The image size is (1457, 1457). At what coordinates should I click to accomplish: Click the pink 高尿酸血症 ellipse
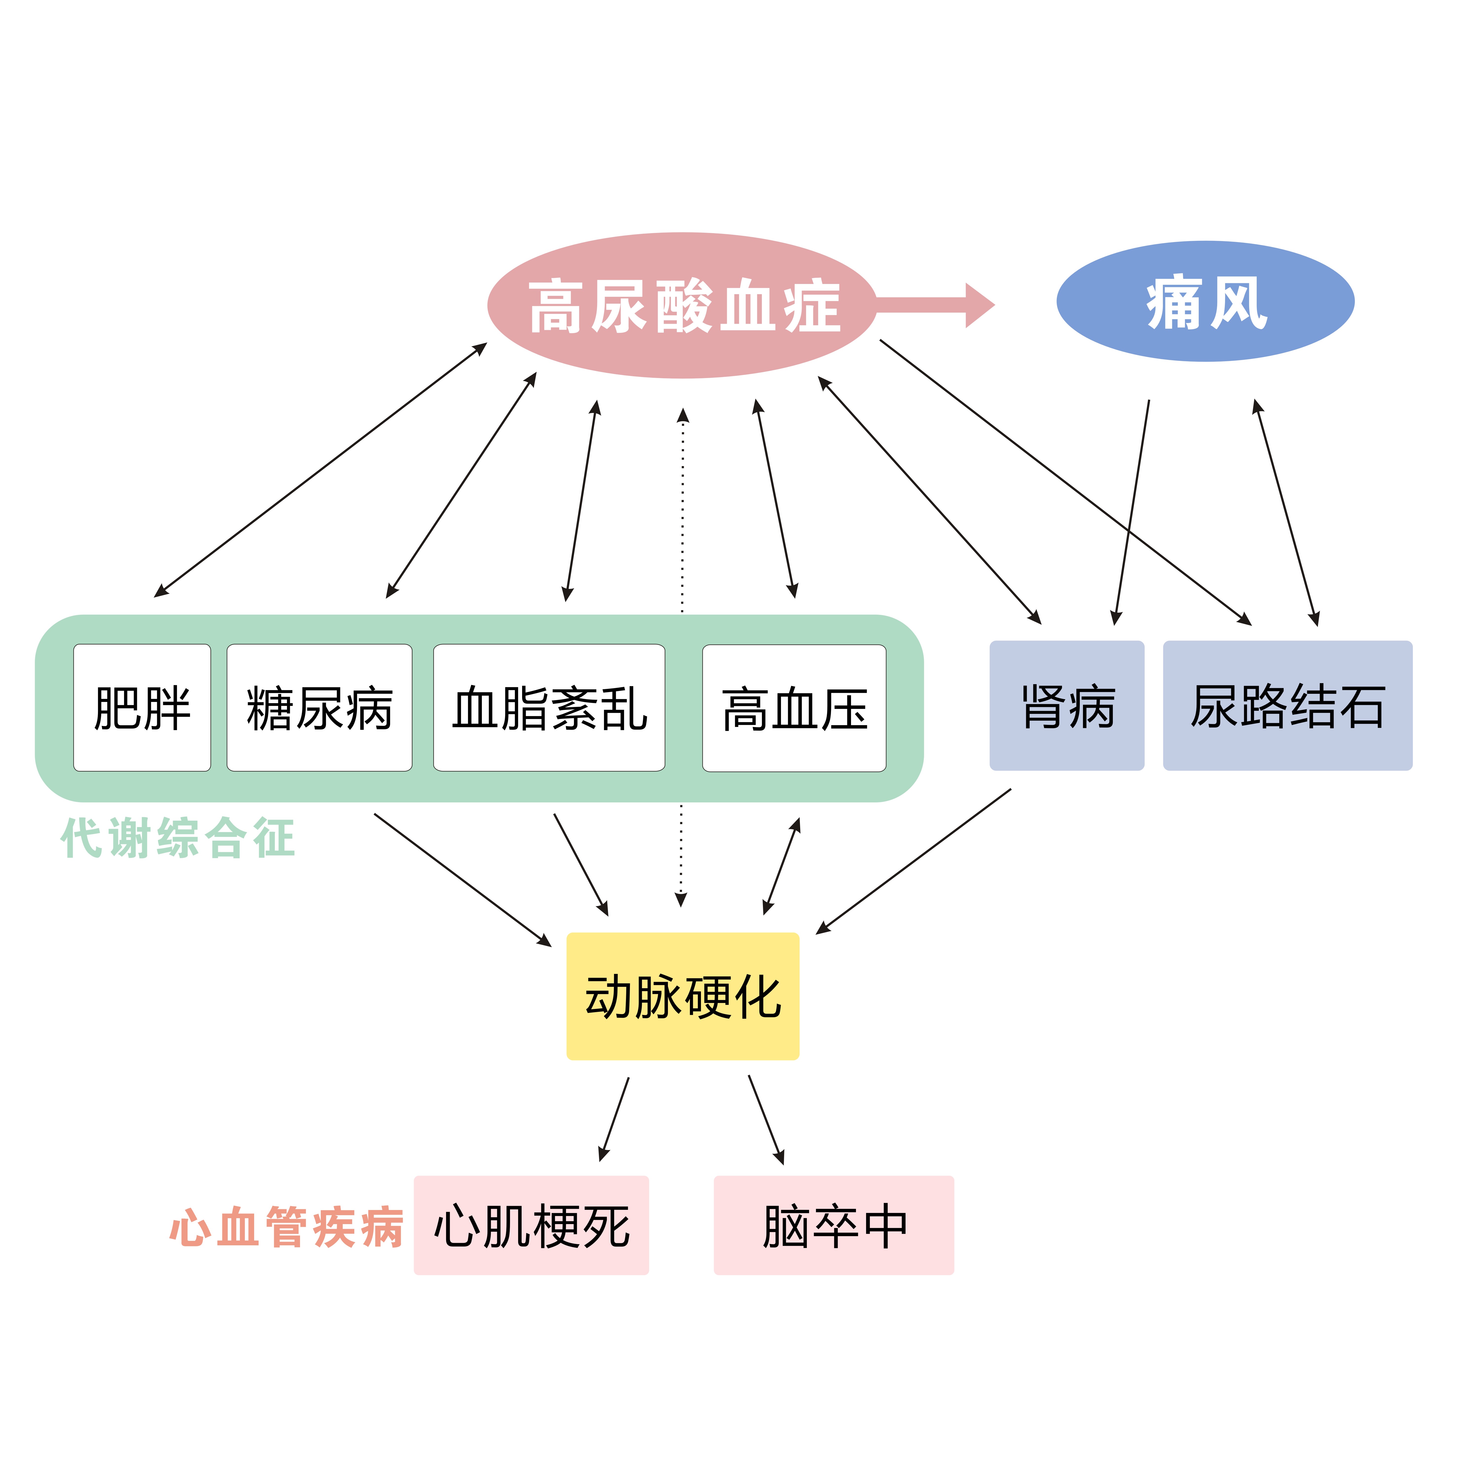point(682,305)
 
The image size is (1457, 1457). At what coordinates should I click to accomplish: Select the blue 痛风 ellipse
point(1205,302)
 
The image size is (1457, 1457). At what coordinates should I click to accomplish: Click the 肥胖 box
point(142,707)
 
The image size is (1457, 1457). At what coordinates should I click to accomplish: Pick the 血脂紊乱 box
point(549,707)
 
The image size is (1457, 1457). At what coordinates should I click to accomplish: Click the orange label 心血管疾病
point(286,1227)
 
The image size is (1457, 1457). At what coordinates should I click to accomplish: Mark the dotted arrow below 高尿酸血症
point(682,513)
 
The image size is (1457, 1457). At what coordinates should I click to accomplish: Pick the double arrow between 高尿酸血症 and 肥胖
point(321,470)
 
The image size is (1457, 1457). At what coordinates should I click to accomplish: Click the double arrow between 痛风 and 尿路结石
point(1286,513)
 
